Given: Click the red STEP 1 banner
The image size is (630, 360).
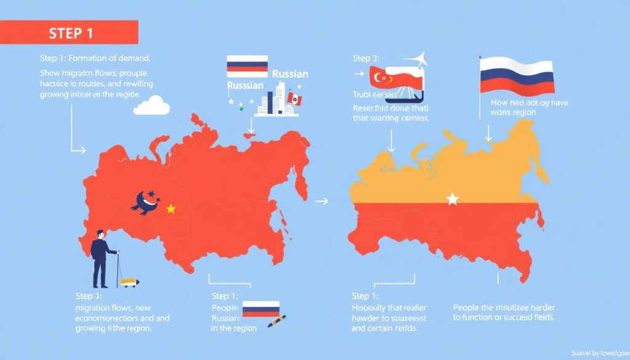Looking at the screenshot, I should (69, 32).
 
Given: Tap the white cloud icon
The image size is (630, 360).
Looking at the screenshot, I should (151, 106).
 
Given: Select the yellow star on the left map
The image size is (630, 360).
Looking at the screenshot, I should (171, 209).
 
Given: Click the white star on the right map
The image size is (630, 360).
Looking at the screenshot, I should (453, 199).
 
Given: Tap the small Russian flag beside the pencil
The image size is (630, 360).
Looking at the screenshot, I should (261, 309).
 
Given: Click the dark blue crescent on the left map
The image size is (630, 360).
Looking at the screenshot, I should (146, 202).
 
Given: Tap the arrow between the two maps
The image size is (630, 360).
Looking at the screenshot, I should (322, 201).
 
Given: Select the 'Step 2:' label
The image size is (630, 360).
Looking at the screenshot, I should (367, 58).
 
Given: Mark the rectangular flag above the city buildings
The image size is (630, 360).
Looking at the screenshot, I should (247, 66).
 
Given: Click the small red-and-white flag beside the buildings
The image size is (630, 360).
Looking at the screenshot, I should (295, 99).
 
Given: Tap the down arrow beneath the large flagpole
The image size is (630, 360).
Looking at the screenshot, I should (490, 133).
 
